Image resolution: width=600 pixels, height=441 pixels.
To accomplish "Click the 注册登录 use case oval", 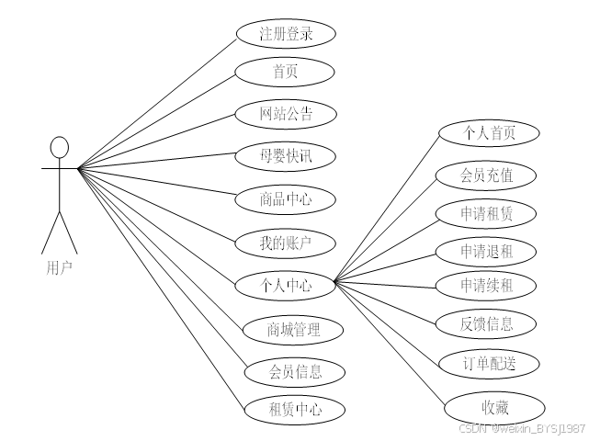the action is point(285,35).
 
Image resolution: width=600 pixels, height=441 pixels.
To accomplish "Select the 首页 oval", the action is point(285,72).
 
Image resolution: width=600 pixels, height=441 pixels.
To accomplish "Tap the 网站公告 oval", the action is point(285,114).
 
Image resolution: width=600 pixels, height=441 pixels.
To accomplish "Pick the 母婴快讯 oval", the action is point(285,155).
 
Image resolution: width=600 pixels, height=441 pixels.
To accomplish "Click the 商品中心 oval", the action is point(285,198).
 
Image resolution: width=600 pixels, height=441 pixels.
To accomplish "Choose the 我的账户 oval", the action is point(285,243).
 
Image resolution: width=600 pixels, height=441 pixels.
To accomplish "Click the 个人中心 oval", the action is point(285,286).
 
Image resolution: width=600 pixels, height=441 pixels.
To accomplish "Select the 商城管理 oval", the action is point(293,328).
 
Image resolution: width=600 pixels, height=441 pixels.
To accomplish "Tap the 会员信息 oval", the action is point(293,371).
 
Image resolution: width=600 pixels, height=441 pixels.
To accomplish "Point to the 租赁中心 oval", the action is point(293,409).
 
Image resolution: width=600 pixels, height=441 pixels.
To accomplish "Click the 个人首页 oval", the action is point(488,133).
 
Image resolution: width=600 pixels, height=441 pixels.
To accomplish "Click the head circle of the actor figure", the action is point(60,147).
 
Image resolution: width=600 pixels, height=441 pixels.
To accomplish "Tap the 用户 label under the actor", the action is point(59,267).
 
